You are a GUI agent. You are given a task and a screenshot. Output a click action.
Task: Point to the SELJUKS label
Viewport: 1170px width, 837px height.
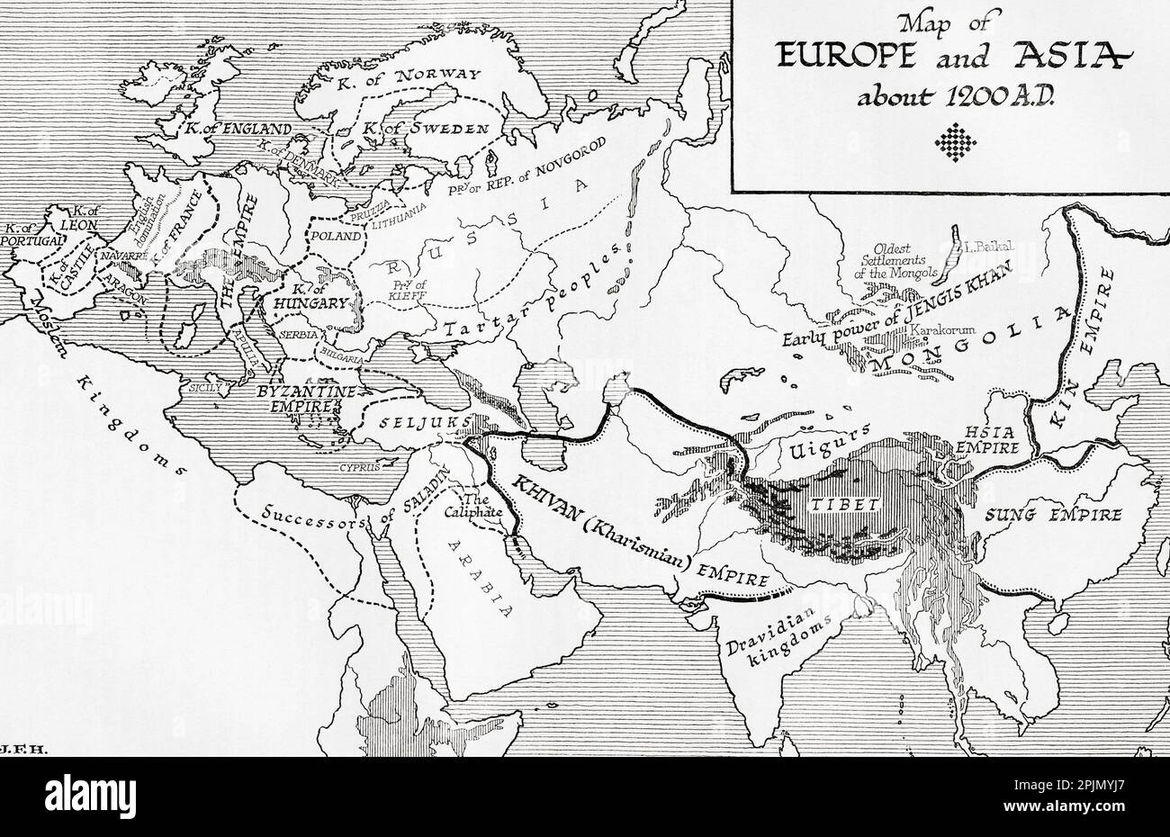click(x=404, y=422)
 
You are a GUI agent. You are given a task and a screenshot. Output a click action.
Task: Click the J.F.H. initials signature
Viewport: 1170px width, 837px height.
click(x=16, y=747)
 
